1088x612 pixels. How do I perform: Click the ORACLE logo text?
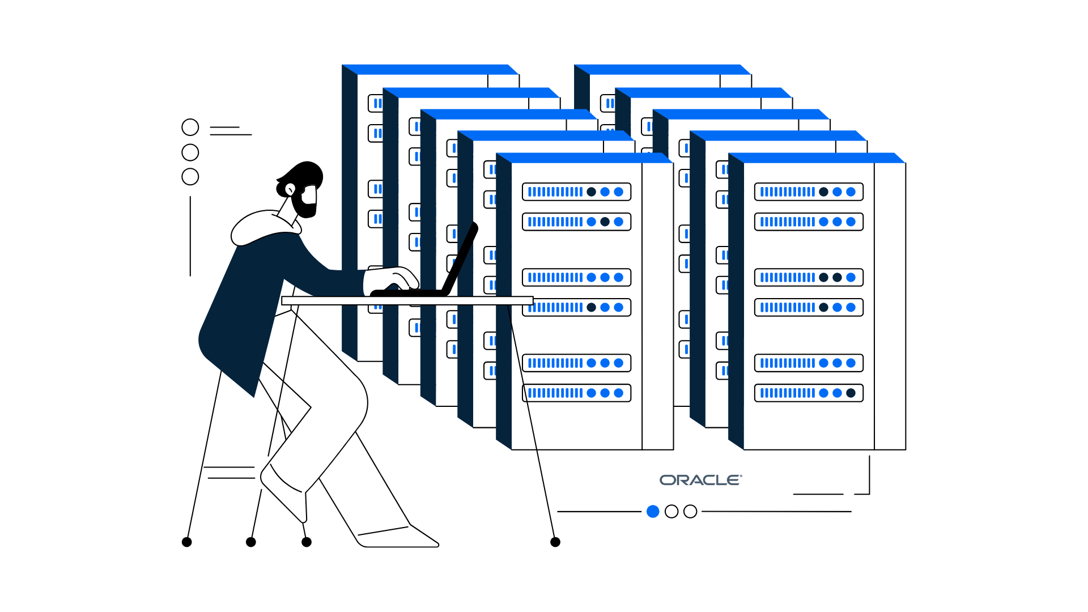pos(700,480)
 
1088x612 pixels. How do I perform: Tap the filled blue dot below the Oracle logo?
pos(653,512)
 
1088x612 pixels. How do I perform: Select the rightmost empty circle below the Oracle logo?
pos(690,512)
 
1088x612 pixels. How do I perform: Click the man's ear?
pos(290,189)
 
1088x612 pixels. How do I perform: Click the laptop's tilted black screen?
pos(461,258)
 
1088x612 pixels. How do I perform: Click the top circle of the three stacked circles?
pos(190,127)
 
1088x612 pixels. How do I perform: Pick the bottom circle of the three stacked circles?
pos(190,177)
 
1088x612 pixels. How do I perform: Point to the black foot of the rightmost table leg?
pos(555,542)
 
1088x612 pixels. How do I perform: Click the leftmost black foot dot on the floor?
pos(187,542)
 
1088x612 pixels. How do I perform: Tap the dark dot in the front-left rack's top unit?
pos(591,192)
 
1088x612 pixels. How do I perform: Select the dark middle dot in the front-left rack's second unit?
pos(605,222)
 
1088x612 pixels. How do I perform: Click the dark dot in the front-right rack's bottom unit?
pos(851,393)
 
